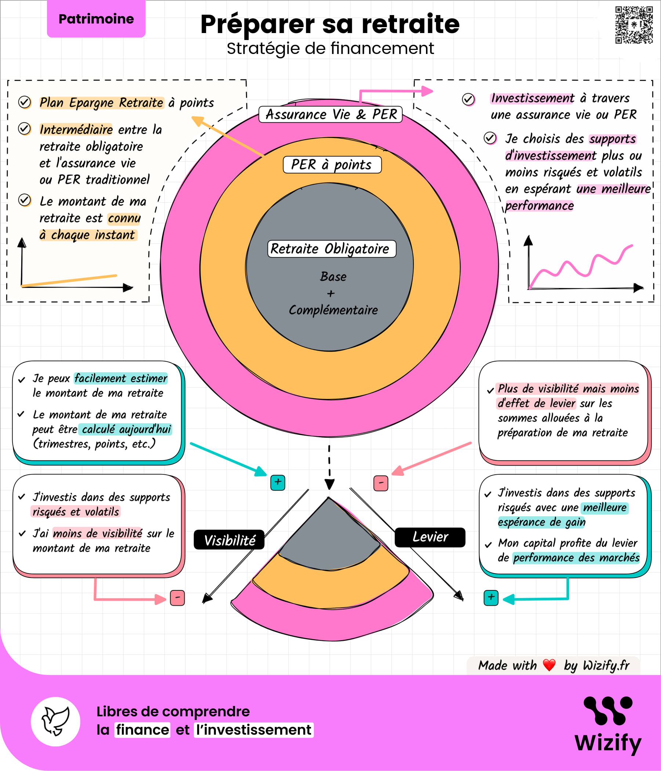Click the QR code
pos(634,25)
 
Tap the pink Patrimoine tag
pos(96,19)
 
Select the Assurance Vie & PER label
pos(330,114)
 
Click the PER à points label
pos(332,164)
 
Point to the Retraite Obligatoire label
pos(332,249)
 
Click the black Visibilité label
pos(229,540)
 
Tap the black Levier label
pos(430,537)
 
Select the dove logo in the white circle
pos(55,721)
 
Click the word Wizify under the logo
pos(608,743)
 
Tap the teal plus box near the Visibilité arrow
pos(278,483)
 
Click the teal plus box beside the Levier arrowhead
pos(491,598)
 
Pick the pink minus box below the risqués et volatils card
pos(177,598)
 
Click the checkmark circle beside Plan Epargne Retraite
pos(25,102)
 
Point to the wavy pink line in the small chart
pos(581,266)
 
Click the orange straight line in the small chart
pos(69,281)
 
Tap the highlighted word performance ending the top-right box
pos(539,205)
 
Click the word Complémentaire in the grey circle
pos(333,310)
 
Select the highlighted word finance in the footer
pos(142,730)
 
